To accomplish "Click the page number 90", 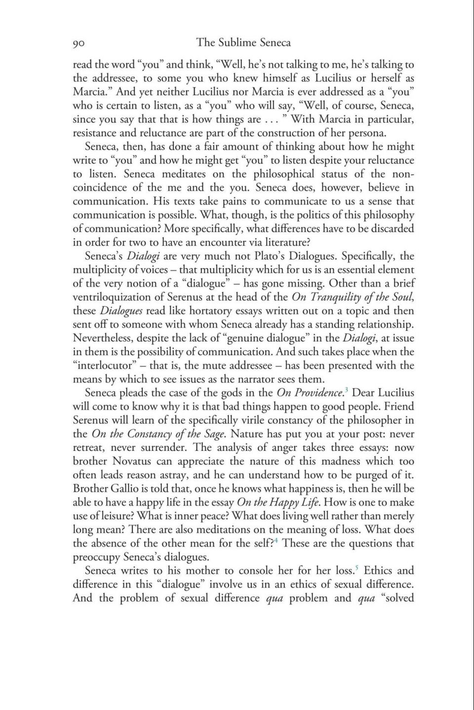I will (79, 43).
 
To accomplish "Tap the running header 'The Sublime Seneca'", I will (243, 42).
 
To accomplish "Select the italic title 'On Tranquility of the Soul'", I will (353, 297).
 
